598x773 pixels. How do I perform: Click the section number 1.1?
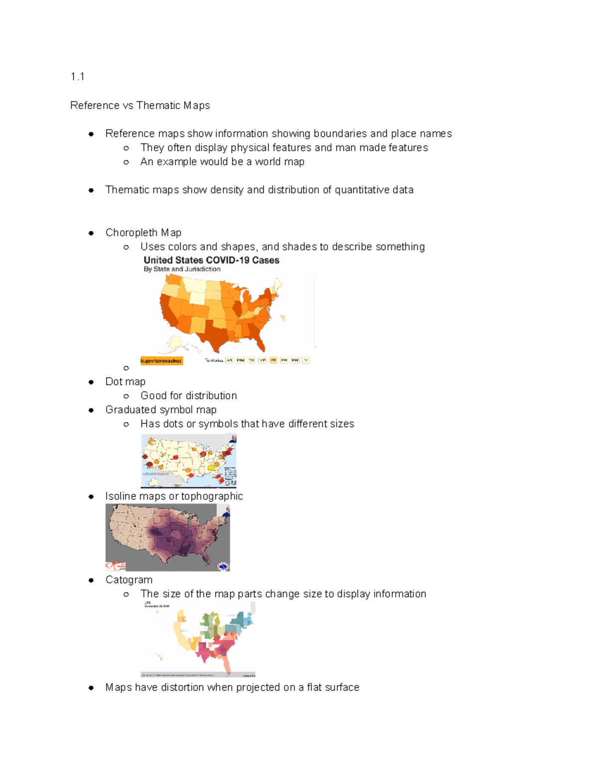[x=77, y=77]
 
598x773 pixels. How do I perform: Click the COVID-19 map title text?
[x=211, y=260]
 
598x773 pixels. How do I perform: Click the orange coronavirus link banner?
[x=161, y=361]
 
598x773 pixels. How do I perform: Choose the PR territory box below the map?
[x=273, y=360]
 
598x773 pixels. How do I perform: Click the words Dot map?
[x=125, y=382]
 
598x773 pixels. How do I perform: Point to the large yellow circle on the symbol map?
[x=211, y=467]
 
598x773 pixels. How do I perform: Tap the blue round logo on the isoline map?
[x=223, y=566]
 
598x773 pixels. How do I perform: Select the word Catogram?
[x=129, y=580]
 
